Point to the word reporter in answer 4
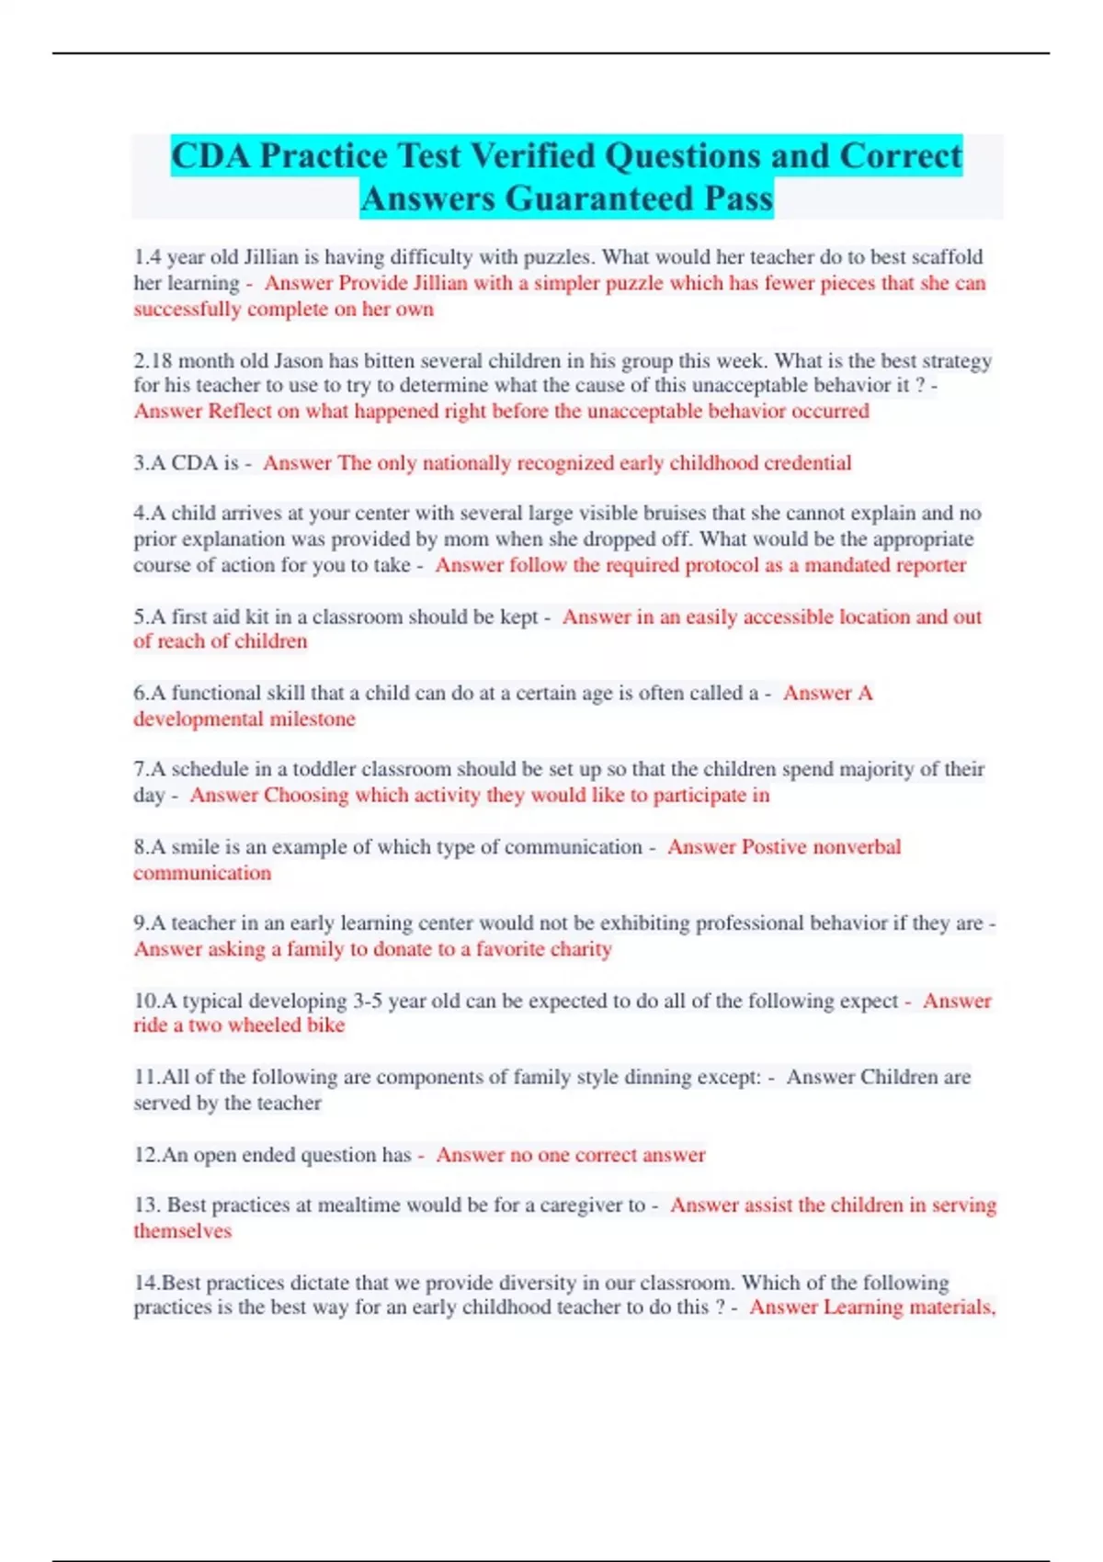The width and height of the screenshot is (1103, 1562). [x=930, y=565]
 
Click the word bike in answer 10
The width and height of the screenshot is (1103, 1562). [x=325, y=1025]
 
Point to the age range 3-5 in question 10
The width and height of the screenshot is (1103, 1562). [x=369, y=1001]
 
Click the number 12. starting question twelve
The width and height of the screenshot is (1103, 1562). [x=147, y=1154]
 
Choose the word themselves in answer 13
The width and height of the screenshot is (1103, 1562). [x=182, y=1230]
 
